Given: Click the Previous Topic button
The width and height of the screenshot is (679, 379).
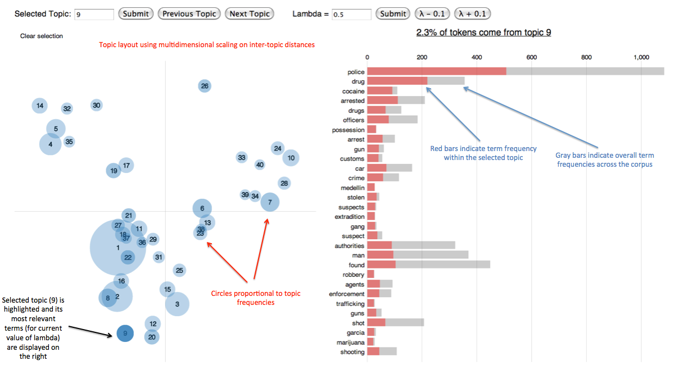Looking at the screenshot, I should (189, 14).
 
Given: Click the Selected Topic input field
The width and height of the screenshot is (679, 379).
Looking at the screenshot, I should (94, 15).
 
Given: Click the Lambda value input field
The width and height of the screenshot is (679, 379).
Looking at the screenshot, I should (351, 15).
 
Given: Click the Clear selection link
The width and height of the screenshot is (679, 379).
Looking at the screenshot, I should (42, 36).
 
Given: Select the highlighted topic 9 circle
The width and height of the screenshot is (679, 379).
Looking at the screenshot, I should (125, 334).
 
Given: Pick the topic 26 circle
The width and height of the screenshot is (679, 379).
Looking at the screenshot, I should (205, 86).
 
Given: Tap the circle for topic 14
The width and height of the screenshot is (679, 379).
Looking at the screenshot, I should (39, 105).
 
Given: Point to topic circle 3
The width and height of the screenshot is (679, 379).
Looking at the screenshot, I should (177, 304).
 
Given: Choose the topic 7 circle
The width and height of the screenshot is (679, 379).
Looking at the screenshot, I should (270, 202).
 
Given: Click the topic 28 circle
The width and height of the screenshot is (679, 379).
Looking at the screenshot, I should (284, 183).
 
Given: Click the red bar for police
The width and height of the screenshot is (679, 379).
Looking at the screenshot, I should (437, 71).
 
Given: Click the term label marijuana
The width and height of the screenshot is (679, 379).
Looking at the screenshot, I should (351, 343).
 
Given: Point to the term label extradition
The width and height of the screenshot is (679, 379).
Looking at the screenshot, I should (350, 217).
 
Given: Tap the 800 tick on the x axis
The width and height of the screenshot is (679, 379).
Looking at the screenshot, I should (586, 57).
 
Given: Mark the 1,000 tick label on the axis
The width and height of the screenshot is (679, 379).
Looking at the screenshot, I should (641, 57).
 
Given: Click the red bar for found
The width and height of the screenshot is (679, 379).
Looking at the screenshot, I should (381, 265).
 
